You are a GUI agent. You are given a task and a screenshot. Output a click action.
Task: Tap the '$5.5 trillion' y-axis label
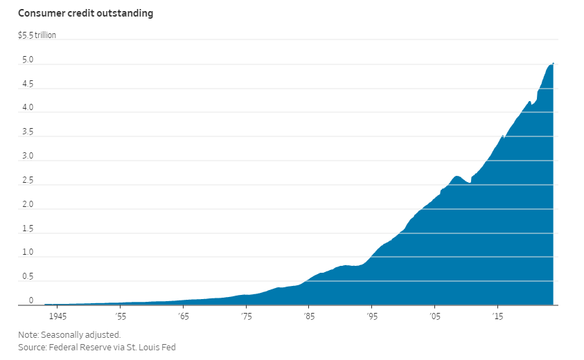(x=37, y=35)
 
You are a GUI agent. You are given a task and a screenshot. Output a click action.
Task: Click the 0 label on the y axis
(x=31, y=300)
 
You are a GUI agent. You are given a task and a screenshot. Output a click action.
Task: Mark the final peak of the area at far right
(x=553, y=64)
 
